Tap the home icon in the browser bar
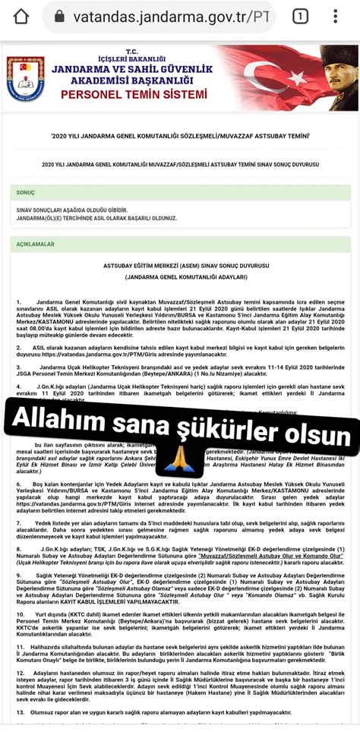click(x=21, y=17)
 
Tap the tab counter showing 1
click(x=300, y=17)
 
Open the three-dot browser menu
click(x=336, y=17)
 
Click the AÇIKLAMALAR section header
click(x=36, y=245)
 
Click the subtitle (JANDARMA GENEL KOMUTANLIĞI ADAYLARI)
click(x=180, y=279)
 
